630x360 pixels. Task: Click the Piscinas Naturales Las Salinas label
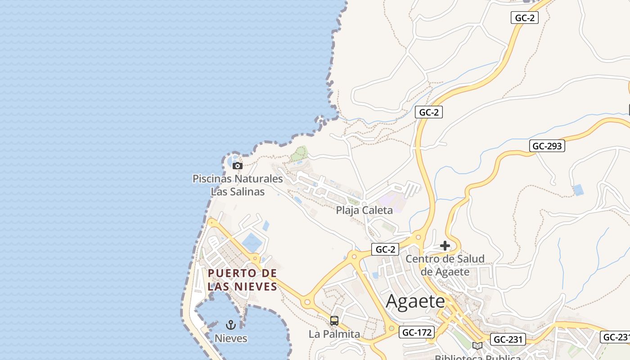pyautogui.click(x=238, y=185)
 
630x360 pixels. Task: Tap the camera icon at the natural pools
pyautogui.click(x=237, y=166)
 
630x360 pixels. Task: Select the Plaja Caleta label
pyautogui.click(x=364, y=210)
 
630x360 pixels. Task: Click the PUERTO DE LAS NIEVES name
pyautogui.click(x=242, y=280)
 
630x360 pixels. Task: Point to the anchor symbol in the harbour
pyautogui.click(x=231, y=325)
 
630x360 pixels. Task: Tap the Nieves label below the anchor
pyautogui.click(x=231, y=338)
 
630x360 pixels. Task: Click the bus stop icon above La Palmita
pyautogui.click(x=334, y=321)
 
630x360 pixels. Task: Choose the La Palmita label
pyautogui.click(x=334, y=334)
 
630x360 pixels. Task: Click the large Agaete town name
pyautogui.click(x=415, y=301)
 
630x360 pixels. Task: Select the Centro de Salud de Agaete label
pyautogui.click(x=445, y=265)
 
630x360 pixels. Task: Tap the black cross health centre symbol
pyautogui.click(x=445, y=246)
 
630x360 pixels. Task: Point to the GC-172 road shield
pyautogui.click(x=417, y=333)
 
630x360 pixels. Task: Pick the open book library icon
pyautogui.click(x=477, y=346)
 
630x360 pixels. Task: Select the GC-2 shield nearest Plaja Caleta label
pyautogui.click(x=385, y=249)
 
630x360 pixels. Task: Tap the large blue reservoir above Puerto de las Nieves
pyautogui.click(x=252, y=243)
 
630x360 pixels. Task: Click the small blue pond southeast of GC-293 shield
pyautogui.click(x=579, y=190)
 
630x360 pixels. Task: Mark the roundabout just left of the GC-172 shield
pyautogui.click(x=391, y=329)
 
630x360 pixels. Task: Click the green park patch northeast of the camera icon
pyautogui.click(x=299, y=153)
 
